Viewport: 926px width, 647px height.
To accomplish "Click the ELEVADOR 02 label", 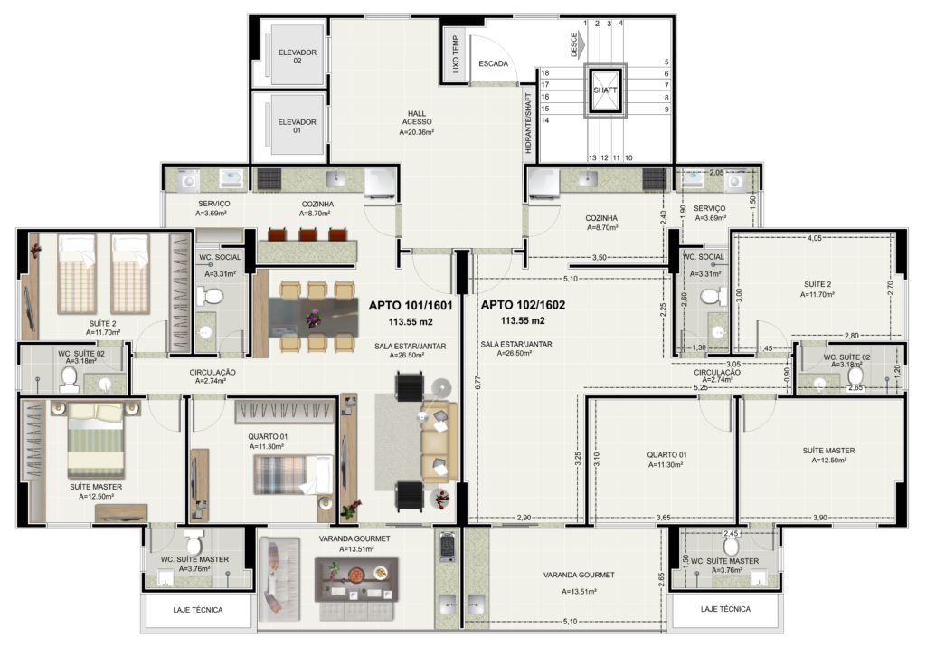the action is coord(297,56).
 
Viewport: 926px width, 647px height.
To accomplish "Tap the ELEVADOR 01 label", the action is coord(297,126).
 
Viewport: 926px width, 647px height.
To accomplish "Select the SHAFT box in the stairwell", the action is coord(604,90).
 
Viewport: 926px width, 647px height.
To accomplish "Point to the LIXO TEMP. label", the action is coord(456,53).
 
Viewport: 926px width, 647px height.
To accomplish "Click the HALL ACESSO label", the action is coord(417,118).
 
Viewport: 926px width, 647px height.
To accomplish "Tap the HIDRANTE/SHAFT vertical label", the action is coord(528,123).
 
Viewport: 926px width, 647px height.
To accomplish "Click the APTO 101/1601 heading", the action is coord(411,306).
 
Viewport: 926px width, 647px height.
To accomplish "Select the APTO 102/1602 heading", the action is coord(523,305).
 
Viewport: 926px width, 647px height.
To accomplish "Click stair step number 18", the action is coord(544,72).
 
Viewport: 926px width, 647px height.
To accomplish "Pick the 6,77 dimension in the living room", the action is coord(477,382).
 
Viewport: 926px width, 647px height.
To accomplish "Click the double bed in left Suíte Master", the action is coord(96,440).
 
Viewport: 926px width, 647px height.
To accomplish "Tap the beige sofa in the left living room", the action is coord(439,442).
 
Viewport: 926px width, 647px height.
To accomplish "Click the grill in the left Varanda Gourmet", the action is coord(447,547).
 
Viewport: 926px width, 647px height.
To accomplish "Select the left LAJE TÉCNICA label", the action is coord(198,610).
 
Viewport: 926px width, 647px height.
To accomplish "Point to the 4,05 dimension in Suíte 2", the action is coord(814,238).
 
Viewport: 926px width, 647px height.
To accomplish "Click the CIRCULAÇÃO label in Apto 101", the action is coord(212,372).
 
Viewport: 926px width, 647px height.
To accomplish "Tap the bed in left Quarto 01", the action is coord(286,474).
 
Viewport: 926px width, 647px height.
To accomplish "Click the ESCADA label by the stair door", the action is coord(493,64).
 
